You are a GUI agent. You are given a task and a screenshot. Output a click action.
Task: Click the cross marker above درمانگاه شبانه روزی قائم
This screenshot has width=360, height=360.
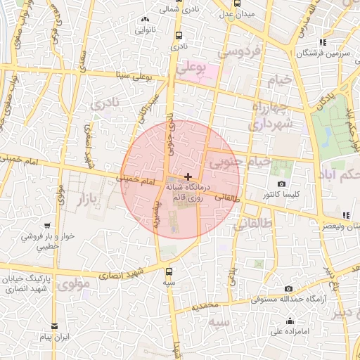pos(187,176)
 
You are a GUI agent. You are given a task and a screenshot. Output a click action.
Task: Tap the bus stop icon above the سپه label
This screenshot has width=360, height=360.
pos(169,271)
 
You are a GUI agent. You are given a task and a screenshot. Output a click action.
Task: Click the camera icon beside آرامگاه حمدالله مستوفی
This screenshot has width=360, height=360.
pos(288,288)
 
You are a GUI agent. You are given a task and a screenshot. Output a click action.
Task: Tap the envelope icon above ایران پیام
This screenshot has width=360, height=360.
pos(55,326)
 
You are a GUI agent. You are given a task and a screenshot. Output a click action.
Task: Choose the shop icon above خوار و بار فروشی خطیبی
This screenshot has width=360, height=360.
pos(46,226)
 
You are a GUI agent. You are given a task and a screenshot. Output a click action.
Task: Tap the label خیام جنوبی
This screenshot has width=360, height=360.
pos(237,162)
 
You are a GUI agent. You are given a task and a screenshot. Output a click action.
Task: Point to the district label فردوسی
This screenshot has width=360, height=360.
pos(239,51)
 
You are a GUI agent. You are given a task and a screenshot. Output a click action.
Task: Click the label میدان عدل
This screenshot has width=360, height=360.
pos(236,13)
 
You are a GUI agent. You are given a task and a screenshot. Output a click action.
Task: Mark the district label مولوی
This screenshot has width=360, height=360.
pos(71,285)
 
